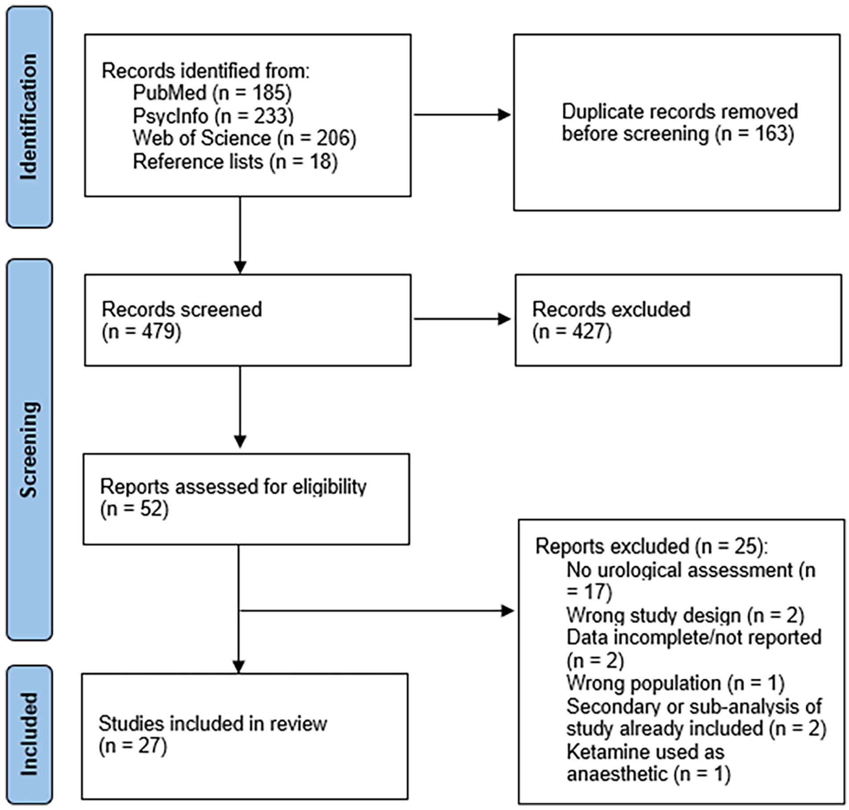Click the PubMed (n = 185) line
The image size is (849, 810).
coord(212,93)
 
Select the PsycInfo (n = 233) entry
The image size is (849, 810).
coord(213,116)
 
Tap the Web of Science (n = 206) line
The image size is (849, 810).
coord(244,138)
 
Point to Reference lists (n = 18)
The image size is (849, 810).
coord(235,161)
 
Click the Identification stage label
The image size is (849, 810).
coord(28,117)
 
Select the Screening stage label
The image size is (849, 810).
coord(28,449)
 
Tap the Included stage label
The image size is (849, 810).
coord(28,734)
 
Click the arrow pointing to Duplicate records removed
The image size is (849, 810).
coord(462,115)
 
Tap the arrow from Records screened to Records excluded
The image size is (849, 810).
coord(462,319)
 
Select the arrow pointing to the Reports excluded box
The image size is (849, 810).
coord(377,611)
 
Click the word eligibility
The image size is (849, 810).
coord(329,487)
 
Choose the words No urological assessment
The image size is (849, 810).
coord(679,570)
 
